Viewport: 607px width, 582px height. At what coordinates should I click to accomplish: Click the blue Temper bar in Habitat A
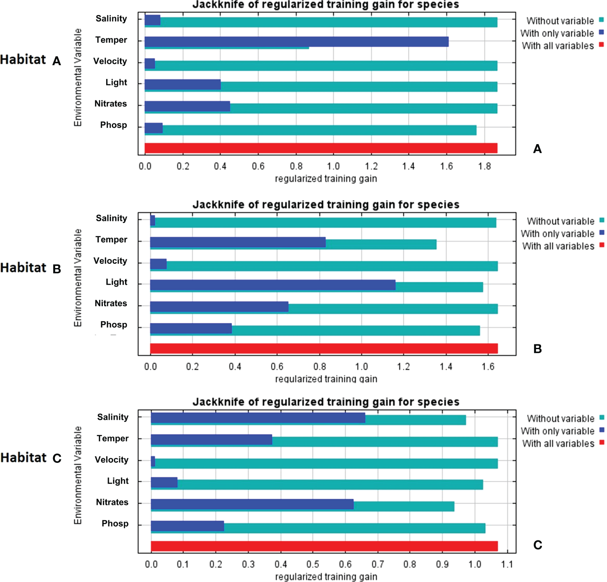point(296,41)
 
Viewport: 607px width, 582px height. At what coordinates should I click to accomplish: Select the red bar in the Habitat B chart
point(323,348)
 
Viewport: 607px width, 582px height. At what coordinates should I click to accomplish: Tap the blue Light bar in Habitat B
point(272,285)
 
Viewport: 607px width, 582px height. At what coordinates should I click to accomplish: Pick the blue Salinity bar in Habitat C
point(258,418)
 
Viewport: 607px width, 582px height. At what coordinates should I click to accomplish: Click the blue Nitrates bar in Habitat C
point(252,504)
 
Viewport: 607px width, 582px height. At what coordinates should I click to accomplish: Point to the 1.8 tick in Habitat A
point(484,166)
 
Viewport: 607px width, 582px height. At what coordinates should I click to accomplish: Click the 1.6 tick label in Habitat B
point(487,367)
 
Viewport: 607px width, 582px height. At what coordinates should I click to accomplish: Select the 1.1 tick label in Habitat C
point(507,564)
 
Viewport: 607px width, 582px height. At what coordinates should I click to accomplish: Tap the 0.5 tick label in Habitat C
point(313,564)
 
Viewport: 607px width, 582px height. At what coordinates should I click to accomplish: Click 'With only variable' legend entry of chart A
point(557,33)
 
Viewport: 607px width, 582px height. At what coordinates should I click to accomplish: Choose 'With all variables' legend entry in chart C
point(558,443)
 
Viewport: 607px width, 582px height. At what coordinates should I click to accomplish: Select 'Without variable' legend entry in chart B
point(560,221)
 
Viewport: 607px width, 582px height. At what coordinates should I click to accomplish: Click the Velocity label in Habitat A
point(110,61)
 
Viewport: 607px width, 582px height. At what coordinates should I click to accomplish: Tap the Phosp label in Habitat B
point(114,325)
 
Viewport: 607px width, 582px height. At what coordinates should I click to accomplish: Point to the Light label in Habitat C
point(118,481)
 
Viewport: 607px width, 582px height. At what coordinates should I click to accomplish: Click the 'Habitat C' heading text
point(31,458)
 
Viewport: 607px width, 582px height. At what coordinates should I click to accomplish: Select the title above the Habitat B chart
point(326,205)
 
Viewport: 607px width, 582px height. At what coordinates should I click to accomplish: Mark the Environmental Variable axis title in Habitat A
point(78,77)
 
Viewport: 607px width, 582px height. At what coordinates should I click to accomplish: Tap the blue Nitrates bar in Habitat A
point(187,106)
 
